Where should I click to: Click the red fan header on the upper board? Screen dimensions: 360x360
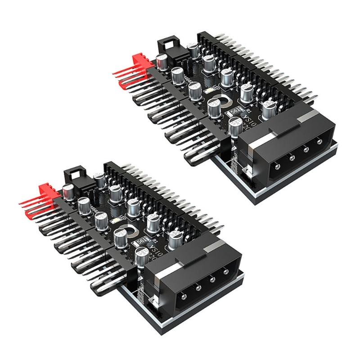(x=140, y=62)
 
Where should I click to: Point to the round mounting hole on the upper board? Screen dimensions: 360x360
(x=223, y=99)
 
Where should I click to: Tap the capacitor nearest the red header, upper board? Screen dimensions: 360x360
(x=161, y=60)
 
